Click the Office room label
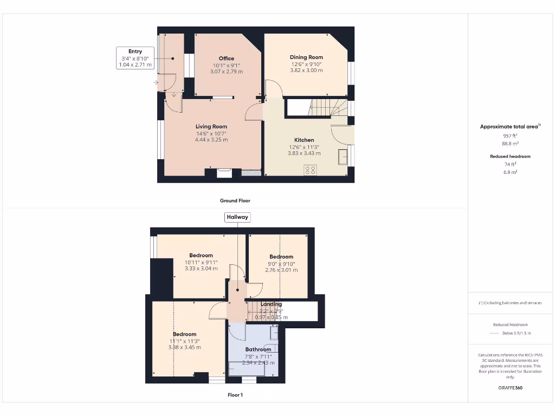tap(227, 58)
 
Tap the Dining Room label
tap(306, 57)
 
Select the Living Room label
tap(211, 127)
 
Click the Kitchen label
tap(304, 140)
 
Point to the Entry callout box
tap(135, 58)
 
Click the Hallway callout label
tap(237, 217)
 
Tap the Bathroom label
tap(258, 349)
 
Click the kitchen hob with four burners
tap(311, 170)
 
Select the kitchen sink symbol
tap(343, 157)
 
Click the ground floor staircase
tap(327, 107)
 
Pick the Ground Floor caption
tap(235, 200)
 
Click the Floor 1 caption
tap(235, 395)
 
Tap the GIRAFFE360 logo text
tap(511, 388)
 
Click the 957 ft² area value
tap(510, 136)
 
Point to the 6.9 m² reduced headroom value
tap(510, 172)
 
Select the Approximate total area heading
tap(509, 127)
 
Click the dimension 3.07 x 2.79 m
tap(227, 71)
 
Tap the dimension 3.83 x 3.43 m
tap(304, 153)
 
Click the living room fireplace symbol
tap(224, 173)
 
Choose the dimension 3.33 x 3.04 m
tap(201, 269)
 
